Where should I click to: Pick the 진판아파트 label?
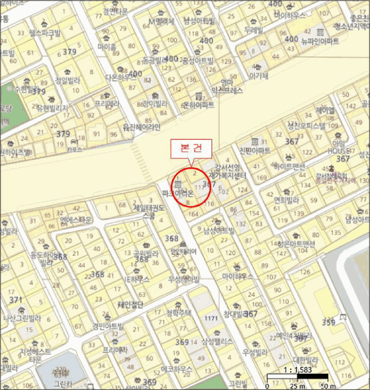point(254,150)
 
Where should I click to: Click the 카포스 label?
point(74,149)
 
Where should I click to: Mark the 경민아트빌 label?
point(108,326)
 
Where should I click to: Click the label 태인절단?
point(131,305)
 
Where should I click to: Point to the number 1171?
point(210,318)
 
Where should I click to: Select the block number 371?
point(16,300)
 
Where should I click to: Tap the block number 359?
point(329,323)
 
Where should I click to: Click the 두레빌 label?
point(253,30)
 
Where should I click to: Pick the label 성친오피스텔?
point(305,126)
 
